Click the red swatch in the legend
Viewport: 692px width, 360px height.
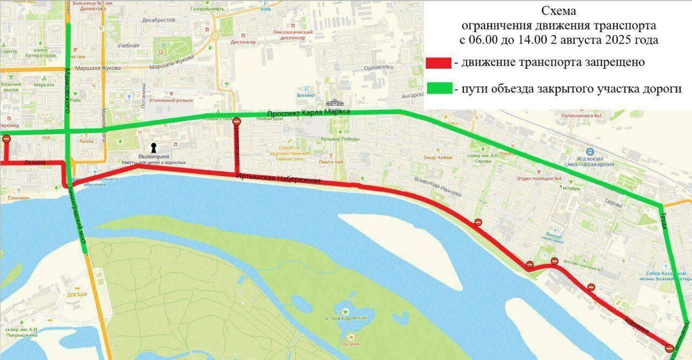coord(438,63)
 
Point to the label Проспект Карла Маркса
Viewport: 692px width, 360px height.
coord(309,112)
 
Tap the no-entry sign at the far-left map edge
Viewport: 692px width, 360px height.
coord(6,139)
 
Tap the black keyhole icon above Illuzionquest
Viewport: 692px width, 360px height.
coord(154,148)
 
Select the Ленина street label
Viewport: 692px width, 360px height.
coord(33,162)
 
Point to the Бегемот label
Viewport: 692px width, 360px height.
coord(305,95)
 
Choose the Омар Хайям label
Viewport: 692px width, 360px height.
coord(437,157)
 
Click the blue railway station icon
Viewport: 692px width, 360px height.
coord(590,152)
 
